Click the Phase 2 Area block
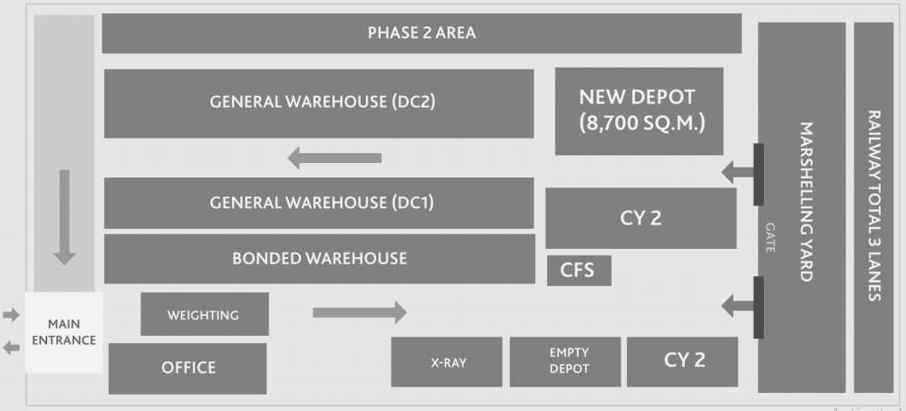point(421,33)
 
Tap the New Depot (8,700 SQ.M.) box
point(639,110)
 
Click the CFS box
point(579,271)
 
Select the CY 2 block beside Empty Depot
point(683,360)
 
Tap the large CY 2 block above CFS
point(640,218)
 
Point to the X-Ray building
point(447,361)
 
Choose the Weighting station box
point(204,315)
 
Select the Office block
point(188,368)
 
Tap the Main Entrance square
point(63,332)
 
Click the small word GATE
point(770,237)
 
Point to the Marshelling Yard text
point(805,203)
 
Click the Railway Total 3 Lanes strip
point(874,207)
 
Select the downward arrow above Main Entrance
point(64,216)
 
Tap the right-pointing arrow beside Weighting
point(359,313)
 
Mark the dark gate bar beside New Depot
point(758,175)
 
